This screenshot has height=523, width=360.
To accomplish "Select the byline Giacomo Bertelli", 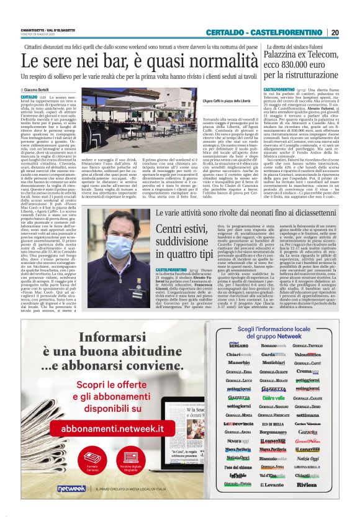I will click(x=41, y=90).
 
